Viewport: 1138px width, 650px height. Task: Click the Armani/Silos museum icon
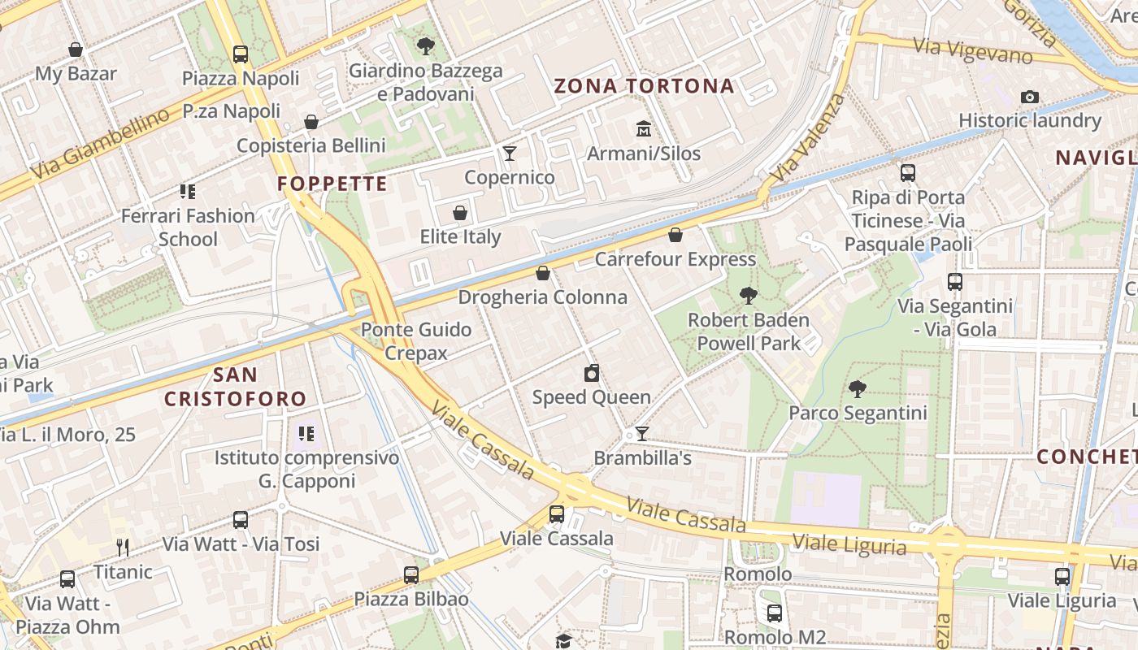[644, 129]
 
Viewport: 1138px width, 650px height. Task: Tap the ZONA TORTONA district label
[644, 86]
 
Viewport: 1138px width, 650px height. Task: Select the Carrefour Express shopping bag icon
[675, 236]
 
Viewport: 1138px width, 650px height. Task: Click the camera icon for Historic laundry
[1029, 97]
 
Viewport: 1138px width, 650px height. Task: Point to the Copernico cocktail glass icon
[510, 154]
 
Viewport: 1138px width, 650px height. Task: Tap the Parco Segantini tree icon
[857, 389]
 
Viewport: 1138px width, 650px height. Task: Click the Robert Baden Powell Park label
[748, 331]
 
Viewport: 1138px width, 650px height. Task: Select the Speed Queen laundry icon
[592, 374]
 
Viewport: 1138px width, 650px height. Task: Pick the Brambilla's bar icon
[641, 434]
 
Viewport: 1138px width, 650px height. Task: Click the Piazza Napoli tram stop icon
[240, 54]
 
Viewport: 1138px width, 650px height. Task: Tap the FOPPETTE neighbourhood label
[332, 184]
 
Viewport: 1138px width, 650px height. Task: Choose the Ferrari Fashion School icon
[188, 192]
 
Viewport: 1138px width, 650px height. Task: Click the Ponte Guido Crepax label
[416, 341]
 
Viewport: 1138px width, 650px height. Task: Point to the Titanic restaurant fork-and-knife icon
[123, 547]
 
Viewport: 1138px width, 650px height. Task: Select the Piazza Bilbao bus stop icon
[411, 575]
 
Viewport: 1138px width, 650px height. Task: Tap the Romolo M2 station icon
[774, 613]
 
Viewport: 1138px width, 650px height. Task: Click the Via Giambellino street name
[101, 144]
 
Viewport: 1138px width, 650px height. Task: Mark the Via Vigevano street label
[972, 51]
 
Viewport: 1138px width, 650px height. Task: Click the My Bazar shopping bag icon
[76, 50]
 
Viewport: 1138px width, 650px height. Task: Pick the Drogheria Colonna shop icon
[543, 274]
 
